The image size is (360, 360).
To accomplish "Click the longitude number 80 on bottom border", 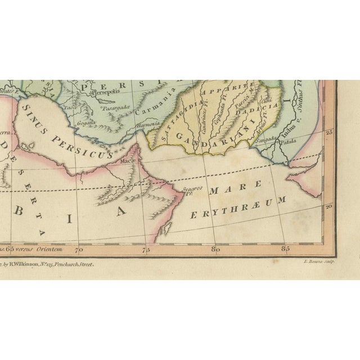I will click(x=214, y=248).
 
